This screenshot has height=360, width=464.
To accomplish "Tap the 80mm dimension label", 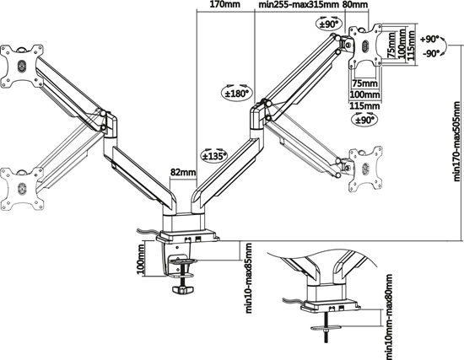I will pyautogui.click(x=356, y=5).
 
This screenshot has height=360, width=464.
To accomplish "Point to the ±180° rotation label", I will pyautogui.click(x=235, y=94).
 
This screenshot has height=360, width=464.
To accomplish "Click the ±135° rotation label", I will pyautogui.click(x=213, y=153).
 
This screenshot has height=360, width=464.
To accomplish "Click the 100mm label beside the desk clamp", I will pyautogui.click(x=140, y=265).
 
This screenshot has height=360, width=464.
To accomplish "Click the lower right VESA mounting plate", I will pyautogui.click(x=365, y=166).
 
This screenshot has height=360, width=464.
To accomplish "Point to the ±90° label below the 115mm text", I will pyautogui.click(x=365, y=121).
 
